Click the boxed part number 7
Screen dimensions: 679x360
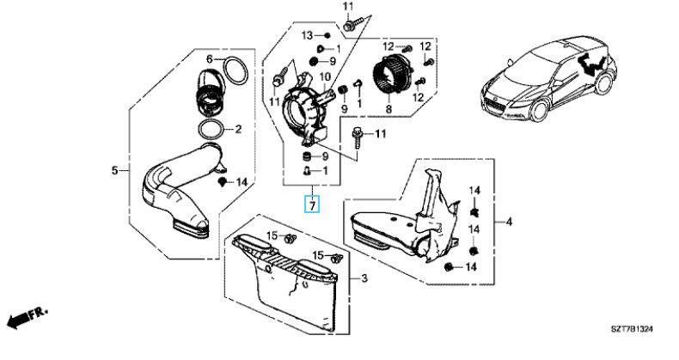click(x=312, y=204)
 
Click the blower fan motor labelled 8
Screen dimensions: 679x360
click(x=391, y=74)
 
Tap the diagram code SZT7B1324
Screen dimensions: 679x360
click(x=632, y=330)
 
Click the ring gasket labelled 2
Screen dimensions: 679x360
click(x=211, y=129)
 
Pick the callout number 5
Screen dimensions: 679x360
click(x=114, y=170)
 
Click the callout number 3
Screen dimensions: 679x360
click(x=364, y=278)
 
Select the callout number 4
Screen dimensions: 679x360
click(x=509, y=222)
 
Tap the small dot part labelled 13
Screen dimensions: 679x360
click(x=327, y=35)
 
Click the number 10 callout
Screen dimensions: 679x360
click(x=325, y=77)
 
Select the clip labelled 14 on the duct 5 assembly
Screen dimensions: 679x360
click(x=223, y=181)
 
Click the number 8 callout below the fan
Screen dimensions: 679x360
click(x=388, y=108)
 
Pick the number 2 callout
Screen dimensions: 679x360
click(x=238, y=129)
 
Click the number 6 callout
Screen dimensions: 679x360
click(x=209, y=58)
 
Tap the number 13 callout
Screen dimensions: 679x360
click(x=307, y=35)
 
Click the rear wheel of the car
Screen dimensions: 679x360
click(x=603, y=84)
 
